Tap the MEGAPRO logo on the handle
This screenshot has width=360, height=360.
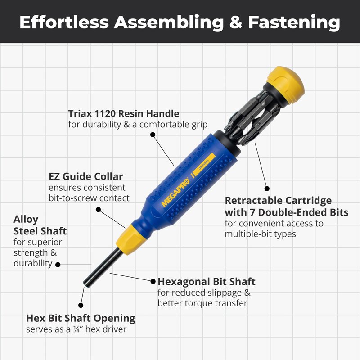(x=175, y=193)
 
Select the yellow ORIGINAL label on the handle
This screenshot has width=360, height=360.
(x=204, y=164)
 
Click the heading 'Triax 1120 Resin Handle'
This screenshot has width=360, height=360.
(x=124, y=113)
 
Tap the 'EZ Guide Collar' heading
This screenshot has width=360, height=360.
(x=85, y=176)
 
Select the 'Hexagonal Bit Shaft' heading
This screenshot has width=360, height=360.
(x=207, y=282)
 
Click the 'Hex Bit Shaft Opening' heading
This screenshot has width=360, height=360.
(x=81, y=318)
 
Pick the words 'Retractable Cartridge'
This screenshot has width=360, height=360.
(x=278, y=200)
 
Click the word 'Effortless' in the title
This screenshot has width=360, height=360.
(x=64, y=22)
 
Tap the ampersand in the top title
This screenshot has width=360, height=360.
(x=236, y=22)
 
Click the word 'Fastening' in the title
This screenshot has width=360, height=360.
(x=294, y=23)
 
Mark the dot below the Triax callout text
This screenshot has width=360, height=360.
(x=153, y=135)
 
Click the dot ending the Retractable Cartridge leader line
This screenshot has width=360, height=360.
(x=267, y=189)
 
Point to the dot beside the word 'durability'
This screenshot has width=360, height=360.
(x=58, y=265)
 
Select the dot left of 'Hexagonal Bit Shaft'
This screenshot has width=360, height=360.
(x=153, y=281)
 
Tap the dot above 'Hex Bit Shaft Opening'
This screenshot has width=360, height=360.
(x=81, y=305)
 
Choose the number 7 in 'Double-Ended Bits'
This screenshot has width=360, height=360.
(x=252, y=212)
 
